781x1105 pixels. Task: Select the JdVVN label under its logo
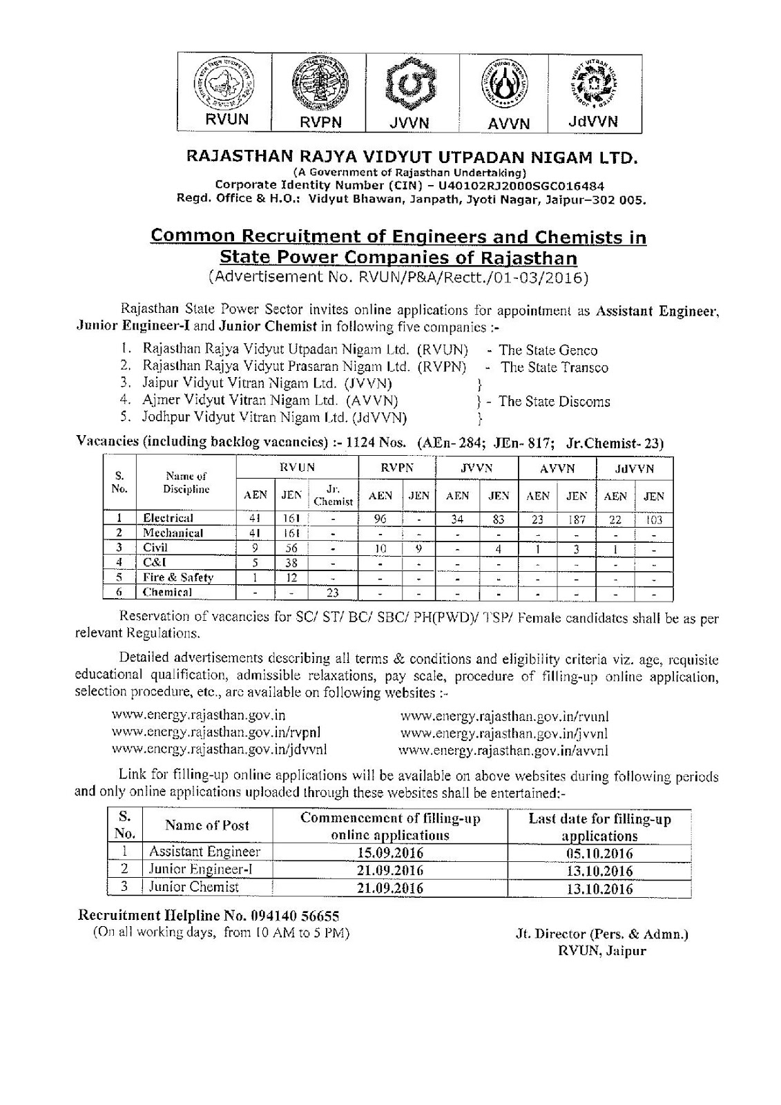point(592,122)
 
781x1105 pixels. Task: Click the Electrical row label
point(168,518)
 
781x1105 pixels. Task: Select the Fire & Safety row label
point(178,577)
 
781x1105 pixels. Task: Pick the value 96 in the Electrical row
point(380,519)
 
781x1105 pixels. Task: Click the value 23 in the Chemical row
point(333,592)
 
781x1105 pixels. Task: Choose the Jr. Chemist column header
point(333,496)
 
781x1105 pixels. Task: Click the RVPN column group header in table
point(397,468)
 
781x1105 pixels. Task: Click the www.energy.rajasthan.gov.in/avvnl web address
point(504,749)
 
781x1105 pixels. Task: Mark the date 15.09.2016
point(390,852)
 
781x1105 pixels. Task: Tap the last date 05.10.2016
point(599,852)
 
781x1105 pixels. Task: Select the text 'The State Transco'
point(555,367)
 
